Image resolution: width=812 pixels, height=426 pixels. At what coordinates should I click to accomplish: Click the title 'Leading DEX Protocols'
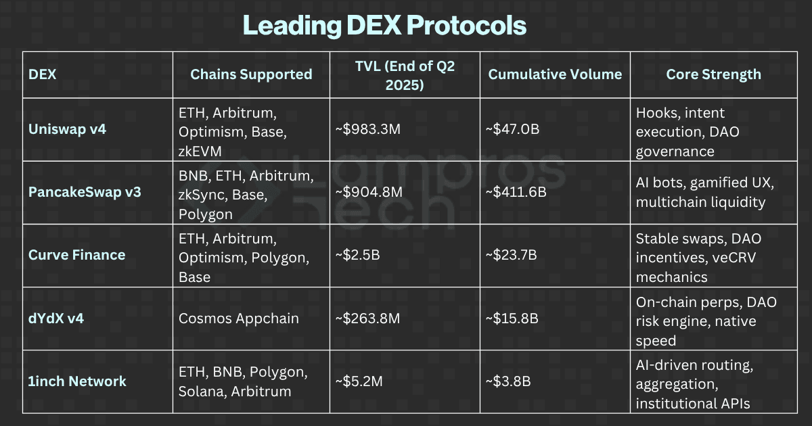click(384, 26)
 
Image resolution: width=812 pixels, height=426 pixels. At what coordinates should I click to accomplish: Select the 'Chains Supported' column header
click(251, 74)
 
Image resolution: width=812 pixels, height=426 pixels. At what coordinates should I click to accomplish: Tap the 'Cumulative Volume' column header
click(555, 74)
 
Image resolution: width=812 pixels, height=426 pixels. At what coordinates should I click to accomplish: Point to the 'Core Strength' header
click(713, 74)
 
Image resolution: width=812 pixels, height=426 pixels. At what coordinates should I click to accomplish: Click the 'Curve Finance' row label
click(76, 255)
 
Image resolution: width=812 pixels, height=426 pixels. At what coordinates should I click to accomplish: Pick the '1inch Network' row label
click(77, 381)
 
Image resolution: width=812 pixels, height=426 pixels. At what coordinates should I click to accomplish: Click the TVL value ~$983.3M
click(368, 129)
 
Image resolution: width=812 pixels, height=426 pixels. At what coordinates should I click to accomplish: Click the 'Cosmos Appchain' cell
click(239, 318)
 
